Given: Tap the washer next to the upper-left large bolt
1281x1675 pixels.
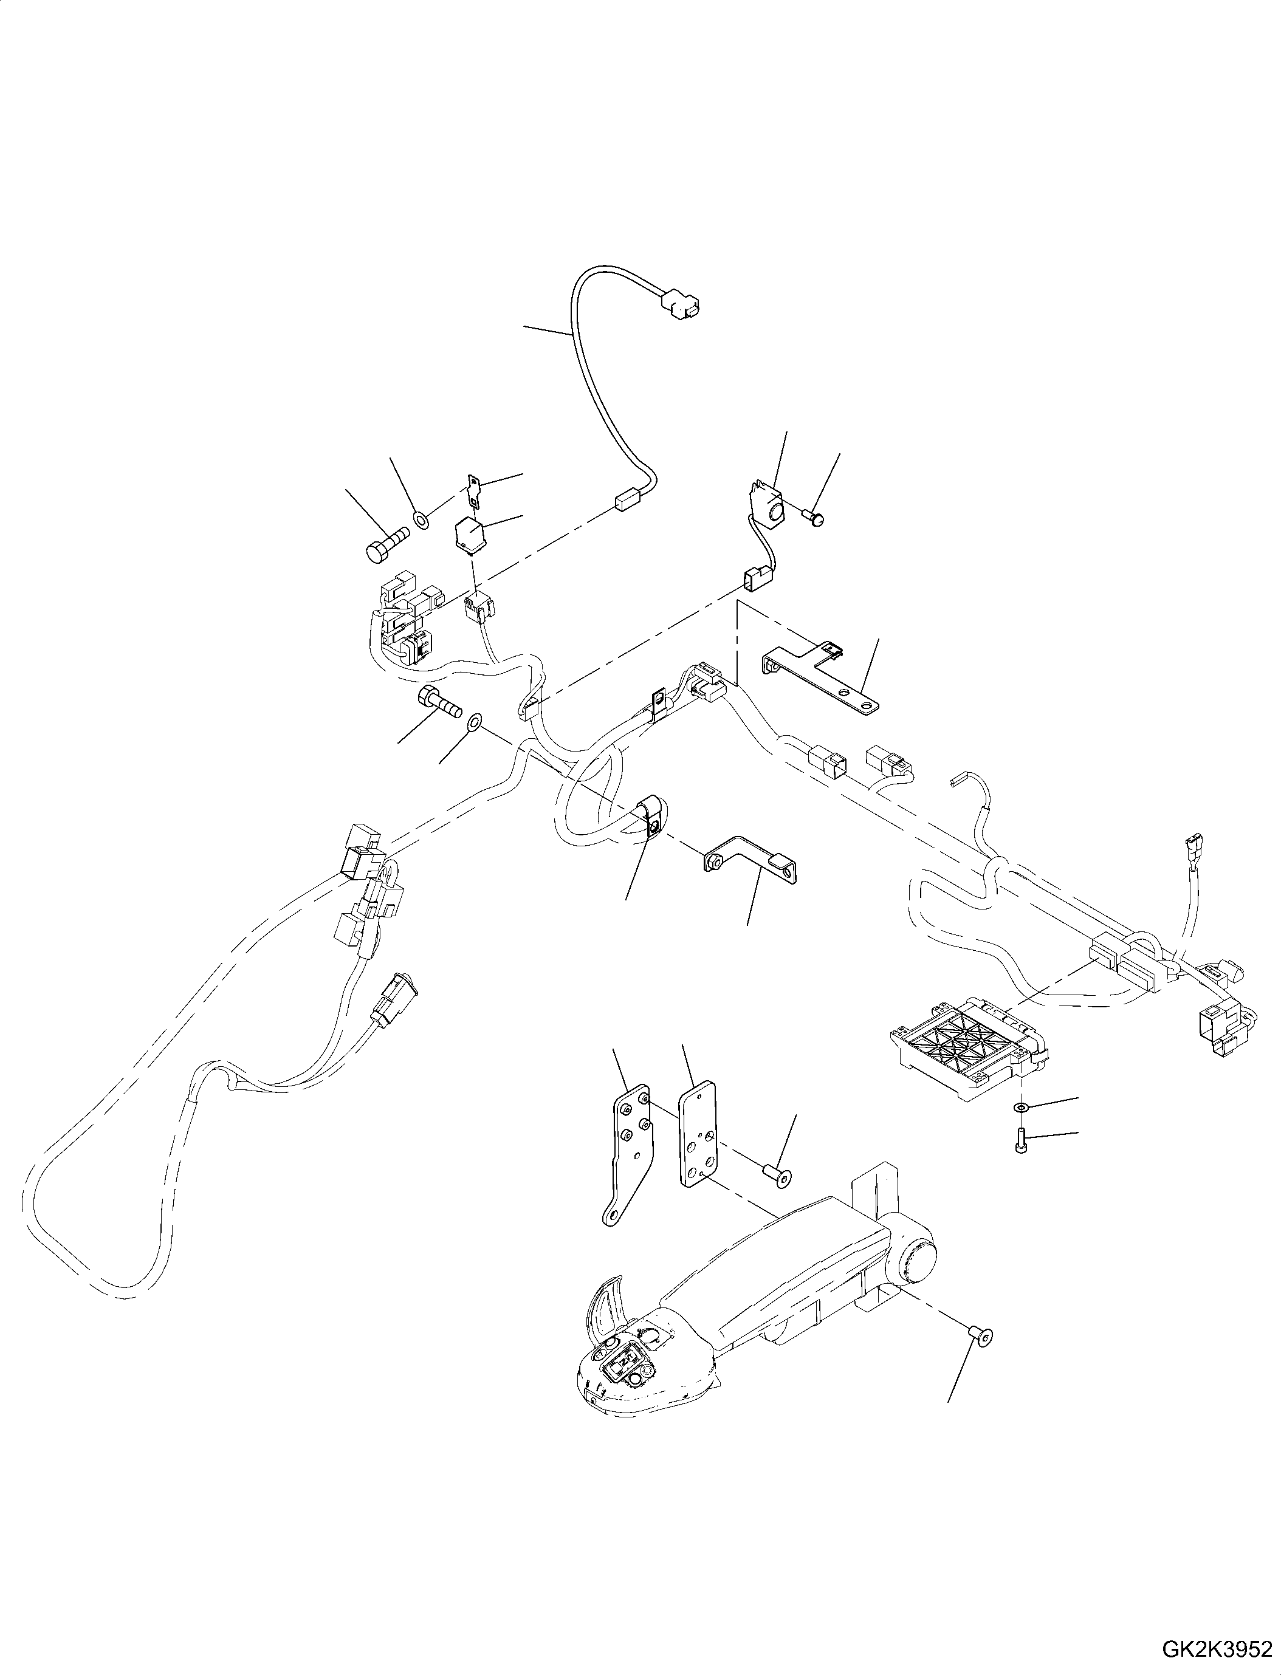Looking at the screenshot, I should point(420,521).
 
